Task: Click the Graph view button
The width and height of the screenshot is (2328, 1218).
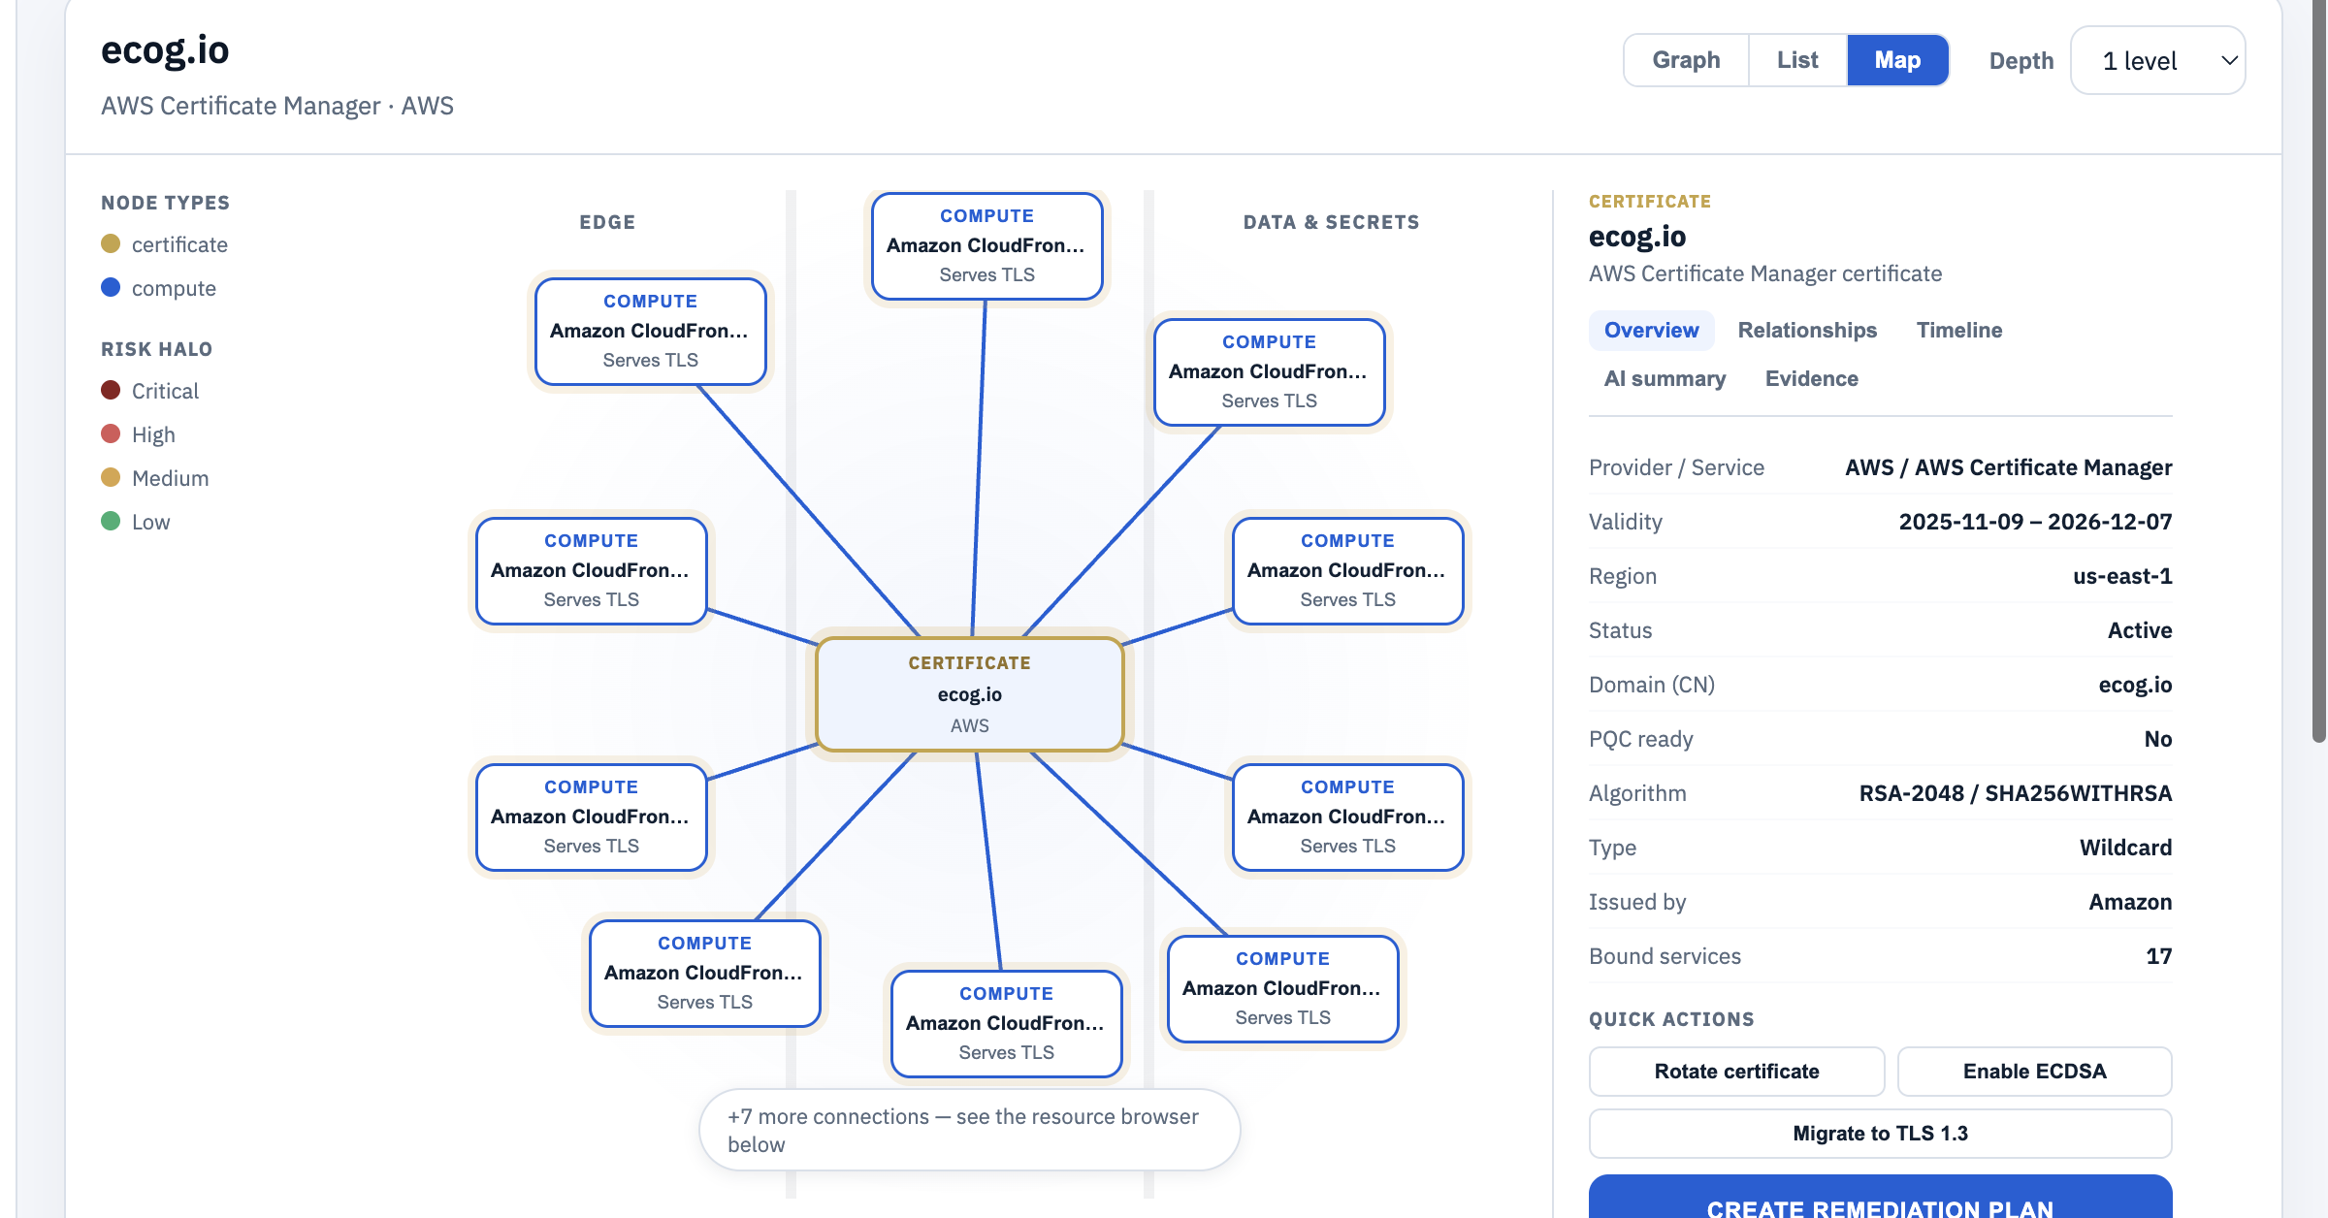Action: click(1686, 60)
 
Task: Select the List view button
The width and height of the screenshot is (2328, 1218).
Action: click(1797, 60)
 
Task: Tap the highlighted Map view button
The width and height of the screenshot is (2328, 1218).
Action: click(1897, 60)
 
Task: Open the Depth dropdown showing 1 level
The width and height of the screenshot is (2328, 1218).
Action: click(2157, 60)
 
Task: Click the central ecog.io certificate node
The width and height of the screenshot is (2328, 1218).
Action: click(969, 694)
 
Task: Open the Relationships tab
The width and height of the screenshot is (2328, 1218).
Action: click(1807, 330)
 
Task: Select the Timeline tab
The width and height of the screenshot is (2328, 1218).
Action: click(1959, 330)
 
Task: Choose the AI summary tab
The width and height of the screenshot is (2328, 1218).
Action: click(1665, 378)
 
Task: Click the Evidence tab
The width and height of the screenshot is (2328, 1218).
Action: click(1811, 378)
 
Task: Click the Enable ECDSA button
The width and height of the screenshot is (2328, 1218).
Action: click(2034, 1072)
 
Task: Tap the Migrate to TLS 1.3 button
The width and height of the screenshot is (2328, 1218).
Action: click(1880, 1134)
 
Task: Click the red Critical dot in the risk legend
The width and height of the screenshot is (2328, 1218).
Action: click(111, 390)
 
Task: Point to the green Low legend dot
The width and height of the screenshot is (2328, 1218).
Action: click(111, 521)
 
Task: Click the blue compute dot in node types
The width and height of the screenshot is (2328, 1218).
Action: click(111, 287)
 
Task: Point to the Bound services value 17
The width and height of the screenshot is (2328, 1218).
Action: click(2158, 956)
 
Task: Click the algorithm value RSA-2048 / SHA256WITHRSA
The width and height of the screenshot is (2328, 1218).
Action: click(2015, 793)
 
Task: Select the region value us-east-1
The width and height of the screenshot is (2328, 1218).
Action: click(2122, 576)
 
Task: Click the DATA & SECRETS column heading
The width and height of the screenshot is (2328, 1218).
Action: click(1331, 222)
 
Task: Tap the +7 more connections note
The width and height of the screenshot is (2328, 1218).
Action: click(969, 1130)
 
